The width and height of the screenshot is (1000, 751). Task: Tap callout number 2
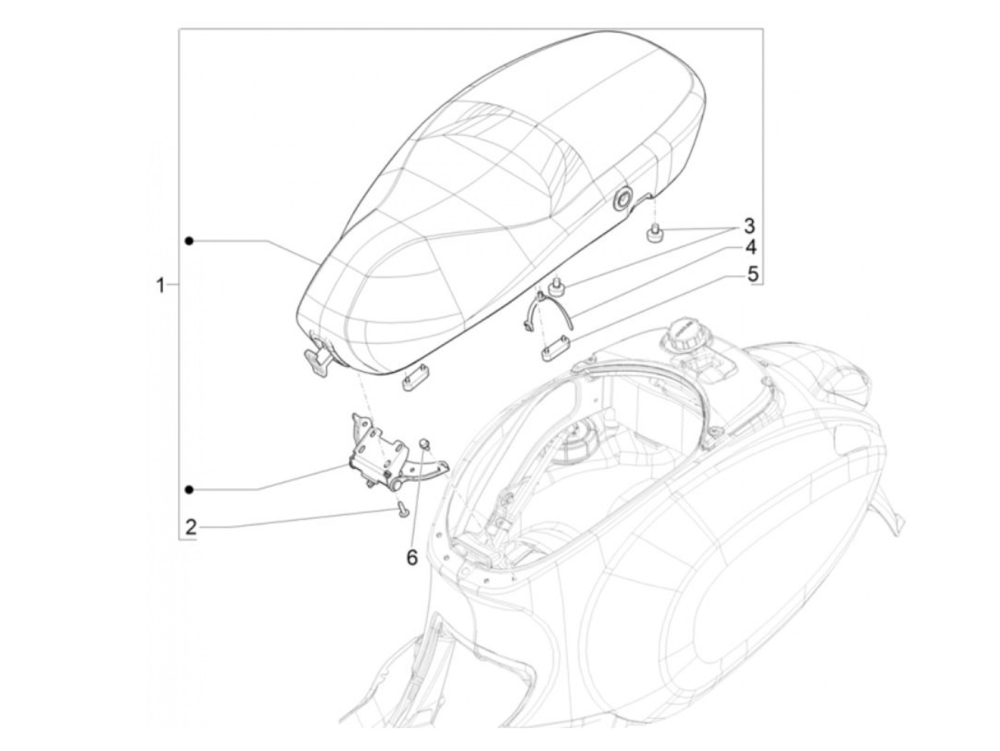(x=191, y=528)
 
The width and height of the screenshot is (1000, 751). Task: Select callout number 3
(x=749, y=226)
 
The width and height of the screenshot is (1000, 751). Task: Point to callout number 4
(x=751, y=248)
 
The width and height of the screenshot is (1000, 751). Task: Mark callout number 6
(x=411, y=558)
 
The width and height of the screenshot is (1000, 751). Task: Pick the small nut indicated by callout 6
(x=424, y=444)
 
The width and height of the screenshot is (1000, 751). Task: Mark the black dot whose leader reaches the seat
(x=189, y=241)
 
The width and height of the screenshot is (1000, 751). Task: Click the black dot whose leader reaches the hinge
(x=189, y=489)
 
